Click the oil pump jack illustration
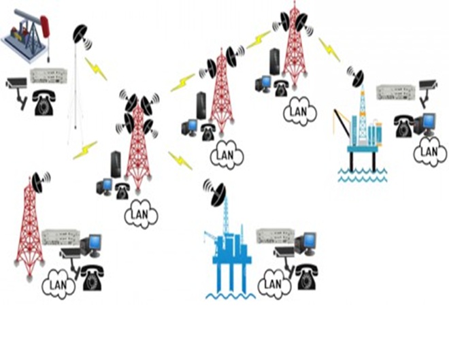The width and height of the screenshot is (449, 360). (x=27, y=36)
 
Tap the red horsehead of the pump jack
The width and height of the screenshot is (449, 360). (x=46, y=27)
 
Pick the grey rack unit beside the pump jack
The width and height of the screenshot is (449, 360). (x=49, y=76)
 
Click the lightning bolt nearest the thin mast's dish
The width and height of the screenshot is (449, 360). (x=96, y=69)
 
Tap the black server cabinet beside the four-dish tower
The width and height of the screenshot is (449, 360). (x=116, y=164)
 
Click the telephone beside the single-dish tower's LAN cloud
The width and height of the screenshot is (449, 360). (x=93, y=278)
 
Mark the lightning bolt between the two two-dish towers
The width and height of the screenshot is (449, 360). (x=259, y=39)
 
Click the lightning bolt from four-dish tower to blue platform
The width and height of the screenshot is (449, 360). (x=180, y=161)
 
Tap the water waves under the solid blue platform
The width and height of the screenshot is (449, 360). (x=231, y=295)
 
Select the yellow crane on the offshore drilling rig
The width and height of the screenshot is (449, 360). (x=341, y=124)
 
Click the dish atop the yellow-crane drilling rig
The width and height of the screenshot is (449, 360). (x=356, y=77)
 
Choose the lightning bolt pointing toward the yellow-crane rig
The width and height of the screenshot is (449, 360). (x=329, y=50)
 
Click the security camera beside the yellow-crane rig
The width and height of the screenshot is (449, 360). (x=428, y=93)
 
